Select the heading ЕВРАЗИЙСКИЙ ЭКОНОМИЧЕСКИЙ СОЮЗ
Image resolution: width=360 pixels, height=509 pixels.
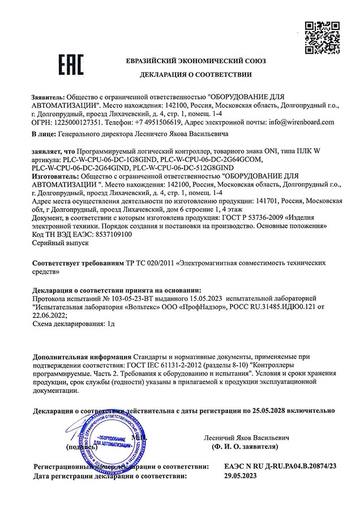click(x=195, y=61)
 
